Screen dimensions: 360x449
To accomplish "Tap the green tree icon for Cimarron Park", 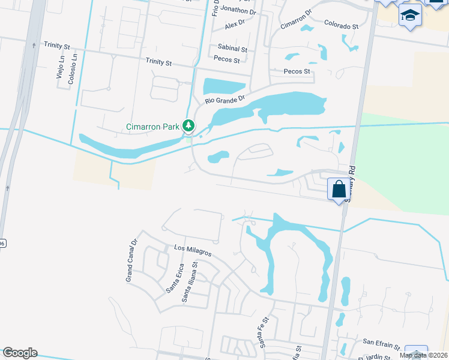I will point(189,125).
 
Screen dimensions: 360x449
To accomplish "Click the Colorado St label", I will point(341,26).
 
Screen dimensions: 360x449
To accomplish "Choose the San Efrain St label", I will point(381,344).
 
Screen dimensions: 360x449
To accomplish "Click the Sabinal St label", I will point(233,48).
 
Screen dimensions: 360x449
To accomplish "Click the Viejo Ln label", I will point(60,67).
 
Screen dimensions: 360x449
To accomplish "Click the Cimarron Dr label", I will point(297,19).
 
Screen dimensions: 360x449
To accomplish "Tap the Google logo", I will point(19,353).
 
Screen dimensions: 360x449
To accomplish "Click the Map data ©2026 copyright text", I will point(423,355).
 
